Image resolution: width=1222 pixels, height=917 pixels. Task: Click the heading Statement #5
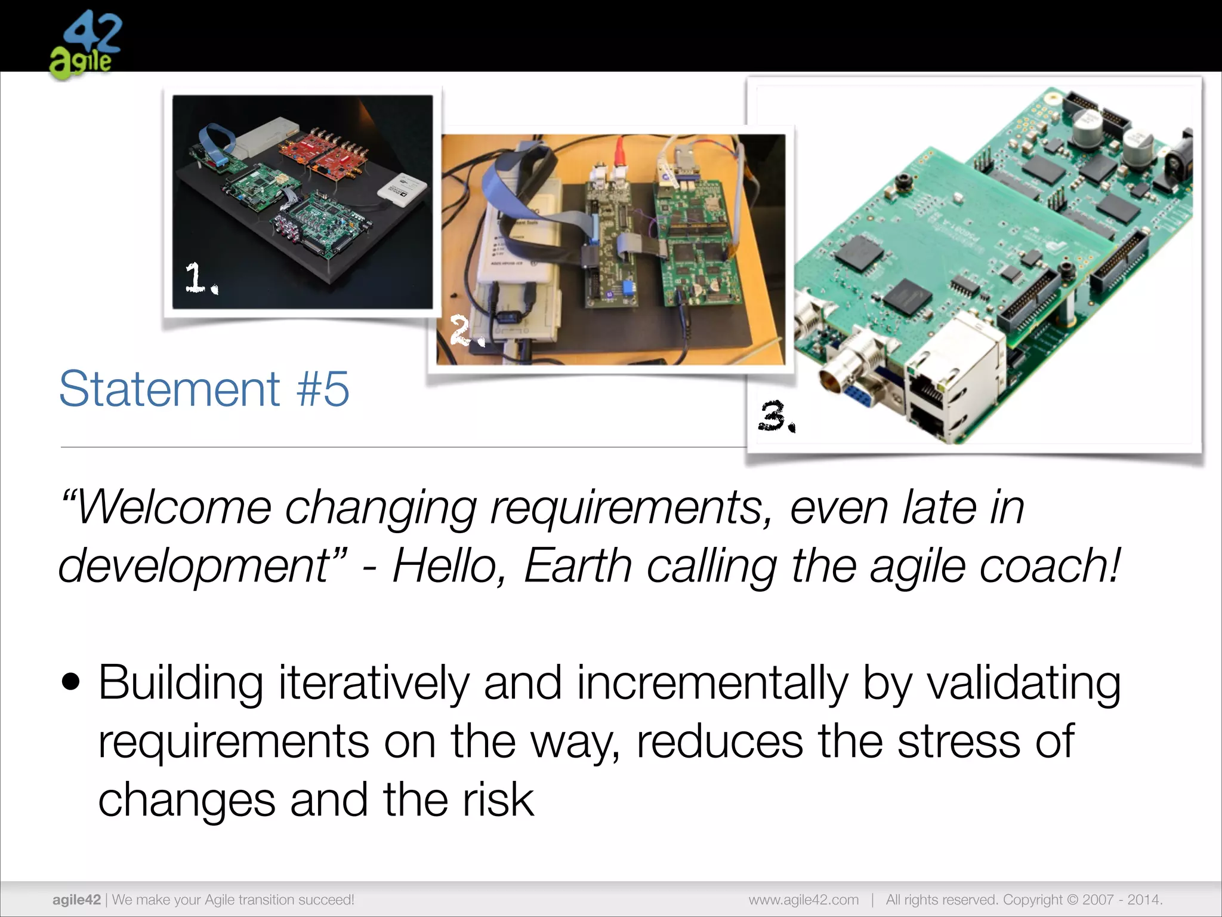(x=204, y=389)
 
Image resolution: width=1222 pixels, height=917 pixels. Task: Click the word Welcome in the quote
(x=173, y=507)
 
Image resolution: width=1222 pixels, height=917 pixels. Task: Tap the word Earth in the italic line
(x=578, y=565)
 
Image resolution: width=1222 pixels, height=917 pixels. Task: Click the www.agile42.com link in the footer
(x=804, y=900)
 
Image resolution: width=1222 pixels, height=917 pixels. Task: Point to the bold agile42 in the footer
(x=76, y=900)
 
